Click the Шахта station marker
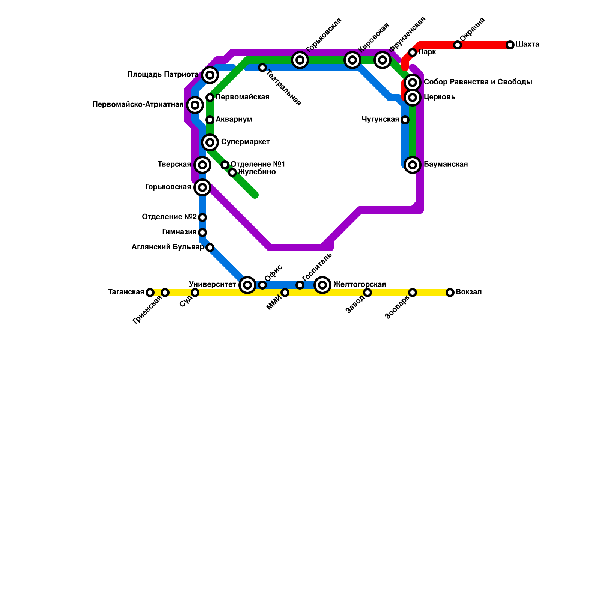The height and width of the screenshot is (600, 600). point(510,45)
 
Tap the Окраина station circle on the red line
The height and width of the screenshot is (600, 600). point(457,45)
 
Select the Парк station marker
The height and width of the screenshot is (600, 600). point(412,52)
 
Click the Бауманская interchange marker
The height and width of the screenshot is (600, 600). point(412,165)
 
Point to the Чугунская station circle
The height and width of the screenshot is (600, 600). point(405,120)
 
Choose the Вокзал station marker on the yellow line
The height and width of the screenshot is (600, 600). point(450,292)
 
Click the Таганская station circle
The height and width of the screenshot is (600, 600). point(150,292)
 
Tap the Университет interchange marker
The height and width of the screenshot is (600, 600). point(247,285)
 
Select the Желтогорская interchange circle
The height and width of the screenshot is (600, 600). point(322,285)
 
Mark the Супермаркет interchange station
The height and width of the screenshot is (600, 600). point(210,142)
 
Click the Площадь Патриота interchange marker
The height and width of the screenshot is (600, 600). point(210,75)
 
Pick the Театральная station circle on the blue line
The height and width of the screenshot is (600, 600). point(262,67)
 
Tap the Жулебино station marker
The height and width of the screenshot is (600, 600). point(232,172)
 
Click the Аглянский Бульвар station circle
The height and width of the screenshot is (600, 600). point(210,247)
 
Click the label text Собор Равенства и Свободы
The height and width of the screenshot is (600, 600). point(477,82)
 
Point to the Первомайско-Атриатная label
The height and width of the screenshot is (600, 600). point(138,105)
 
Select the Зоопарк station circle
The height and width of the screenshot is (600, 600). point(412,292)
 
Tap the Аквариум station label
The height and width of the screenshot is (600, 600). point(234,120)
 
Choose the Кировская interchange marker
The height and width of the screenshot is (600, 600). point(352,60)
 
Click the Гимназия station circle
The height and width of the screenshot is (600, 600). point(202,232)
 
